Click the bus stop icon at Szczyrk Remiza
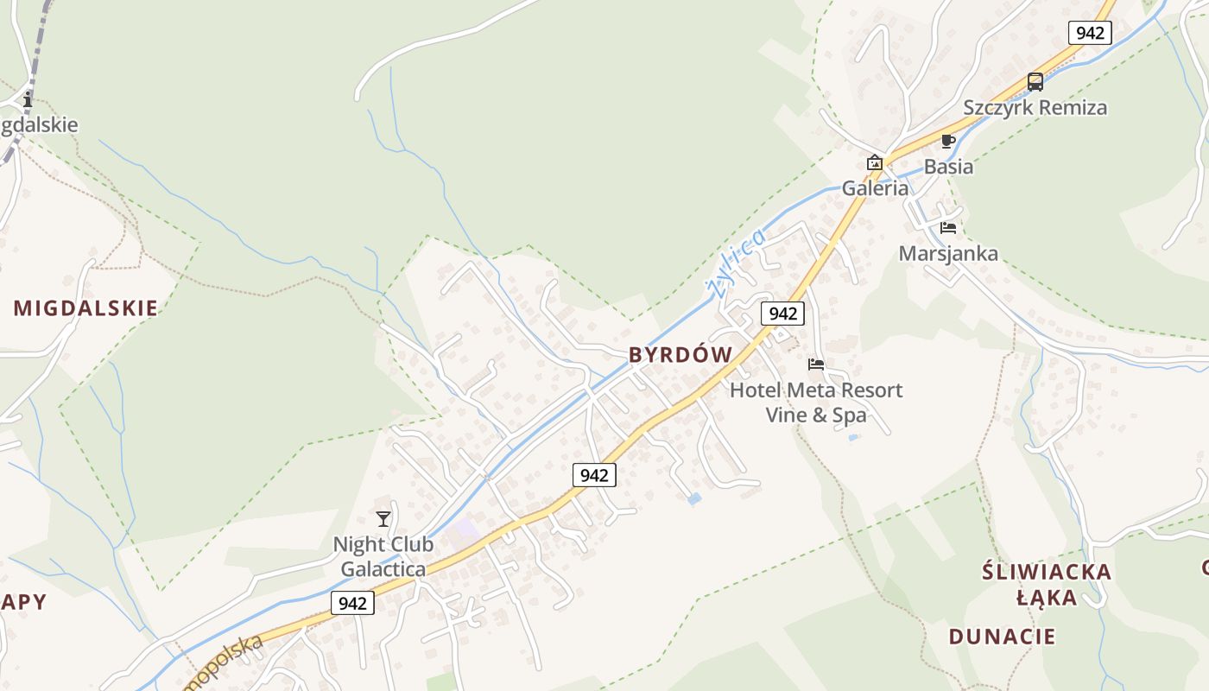[x=1035, y=82]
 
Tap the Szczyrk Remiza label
[x=1035, y=108]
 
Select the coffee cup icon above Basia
[x=947, y=141]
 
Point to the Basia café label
[x=948, y=167]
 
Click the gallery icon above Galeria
[x=874, y=162]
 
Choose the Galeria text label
[x=875, y=188]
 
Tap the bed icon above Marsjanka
[x=948, y=228]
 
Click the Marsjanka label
[x=948, y=254]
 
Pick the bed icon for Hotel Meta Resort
[x=816, y=365]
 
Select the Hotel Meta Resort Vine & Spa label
[x=816, y=403]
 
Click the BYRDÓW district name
[x=680, y=355]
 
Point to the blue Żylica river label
[x=736, y=263]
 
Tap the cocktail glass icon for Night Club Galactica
[x=383, y=518]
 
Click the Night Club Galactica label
[x=383, y=557]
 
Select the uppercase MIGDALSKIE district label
[x=85, y=308]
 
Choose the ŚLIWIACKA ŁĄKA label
[x=1046, y=585]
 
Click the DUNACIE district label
[x=1002, y=637]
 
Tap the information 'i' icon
[x=28, y=99]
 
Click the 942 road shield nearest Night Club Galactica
[x=352, y=603]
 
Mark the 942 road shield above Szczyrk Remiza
[x=1090, y=33]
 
